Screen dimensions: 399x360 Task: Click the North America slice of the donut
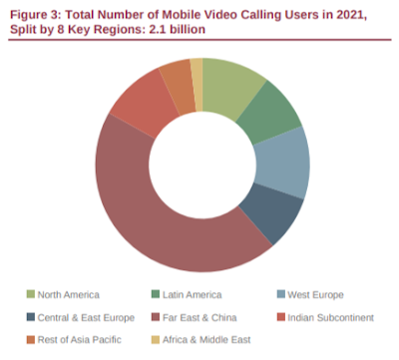[229, 87]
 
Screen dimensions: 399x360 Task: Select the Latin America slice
[270, 113]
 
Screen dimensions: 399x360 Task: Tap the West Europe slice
[282, 164]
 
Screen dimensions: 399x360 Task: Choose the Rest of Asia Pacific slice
[178, 87]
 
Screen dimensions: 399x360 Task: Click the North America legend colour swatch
[31, 294]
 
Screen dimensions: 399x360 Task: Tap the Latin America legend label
[192, 295]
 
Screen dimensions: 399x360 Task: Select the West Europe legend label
[315, 295]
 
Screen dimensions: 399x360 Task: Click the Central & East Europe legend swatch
[31, 317]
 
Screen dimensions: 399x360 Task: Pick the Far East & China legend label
[199, 317]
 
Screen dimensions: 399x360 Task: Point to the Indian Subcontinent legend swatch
[281, 317]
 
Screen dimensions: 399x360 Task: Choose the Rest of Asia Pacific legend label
[80, 340]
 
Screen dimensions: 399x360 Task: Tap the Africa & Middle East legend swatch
[156, 340]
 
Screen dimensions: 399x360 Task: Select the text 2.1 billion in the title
[177, 30]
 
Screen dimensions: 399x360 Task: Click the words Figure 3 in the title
[36, 16]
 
